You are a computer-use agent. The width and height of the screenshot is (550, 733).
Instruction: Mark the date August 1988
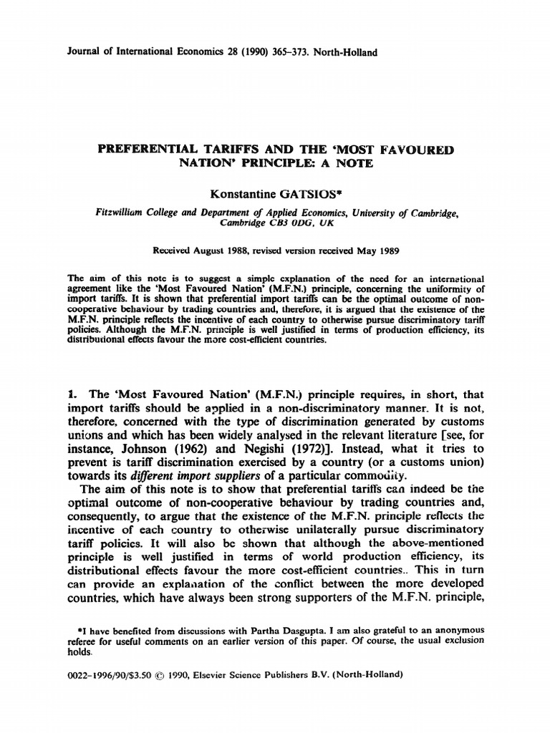221,251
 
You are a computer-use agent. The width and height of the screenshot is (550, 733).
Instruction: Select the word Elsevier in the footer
237,674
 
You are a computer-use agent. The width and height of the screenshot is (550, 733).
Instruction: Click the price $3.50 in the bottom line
155,674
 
